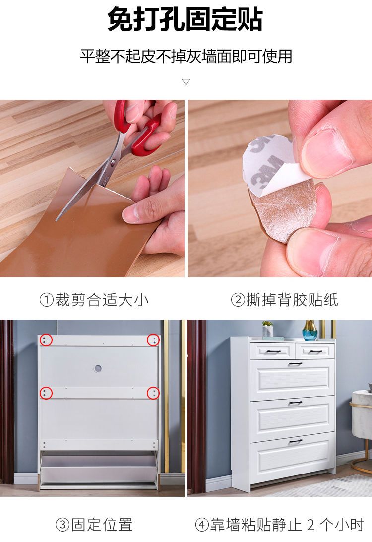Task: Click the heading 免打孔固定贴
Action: coord(185,19)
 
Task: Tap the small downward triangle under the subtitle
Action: coord(186,82)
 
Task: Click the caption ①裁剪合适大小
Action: coord(94,300)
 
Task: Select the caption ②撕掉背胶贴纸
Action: coord(284,300)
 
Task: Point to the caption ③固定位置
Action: coord(94,524)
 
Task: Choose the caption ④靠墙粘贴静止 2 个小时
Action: coord(279,524)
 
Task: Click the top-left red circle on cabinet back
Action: coord(46,340)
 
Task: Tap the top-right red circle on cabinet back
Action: coord(153,340)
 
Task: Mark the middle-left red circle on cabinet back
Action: coord(46,393)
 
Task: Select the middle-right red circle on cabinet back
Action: coord(153,393)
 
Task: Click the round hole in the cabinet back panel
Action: coord(98,368)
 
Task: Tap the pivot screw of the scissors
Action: coord(113,161)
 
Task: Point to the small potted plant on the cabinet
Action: coord(267,329)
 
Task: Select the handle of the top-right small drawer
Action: coord(315,352)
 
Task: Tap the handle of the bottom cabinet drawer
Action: coord(295,441)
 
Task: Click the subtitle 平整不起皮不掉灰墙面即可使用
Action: coord(186,56)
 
